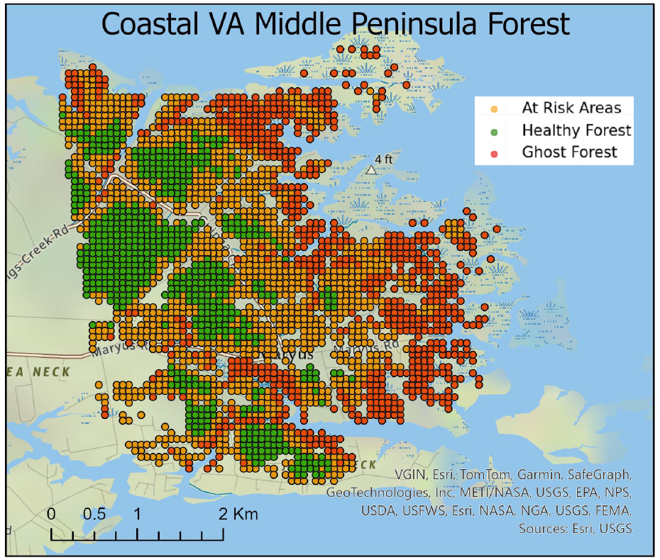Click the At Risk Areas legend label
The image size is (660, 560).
(571, 108)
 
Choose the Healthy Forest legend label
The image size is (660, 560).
(576, 130)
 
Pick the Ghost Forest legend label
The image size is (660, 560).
(569, 152)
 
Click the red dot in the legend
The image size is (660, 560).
(494, 153)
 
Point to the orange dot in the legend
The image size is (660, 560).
(494, 109)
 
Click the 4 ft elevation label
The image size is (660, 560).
(384, 159)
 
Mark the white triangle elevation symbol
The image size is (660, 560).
(370, 169)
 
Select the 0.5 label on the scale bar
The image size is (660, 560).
(94, 514)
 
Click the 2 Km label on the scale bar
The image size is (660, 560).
(238, 514)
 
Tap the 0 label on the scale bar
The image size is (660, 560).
(52, 514)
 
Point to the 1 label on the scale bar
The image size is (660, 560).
(136, 514)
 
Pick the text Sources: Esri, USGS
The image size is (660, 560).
(575, 529)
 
